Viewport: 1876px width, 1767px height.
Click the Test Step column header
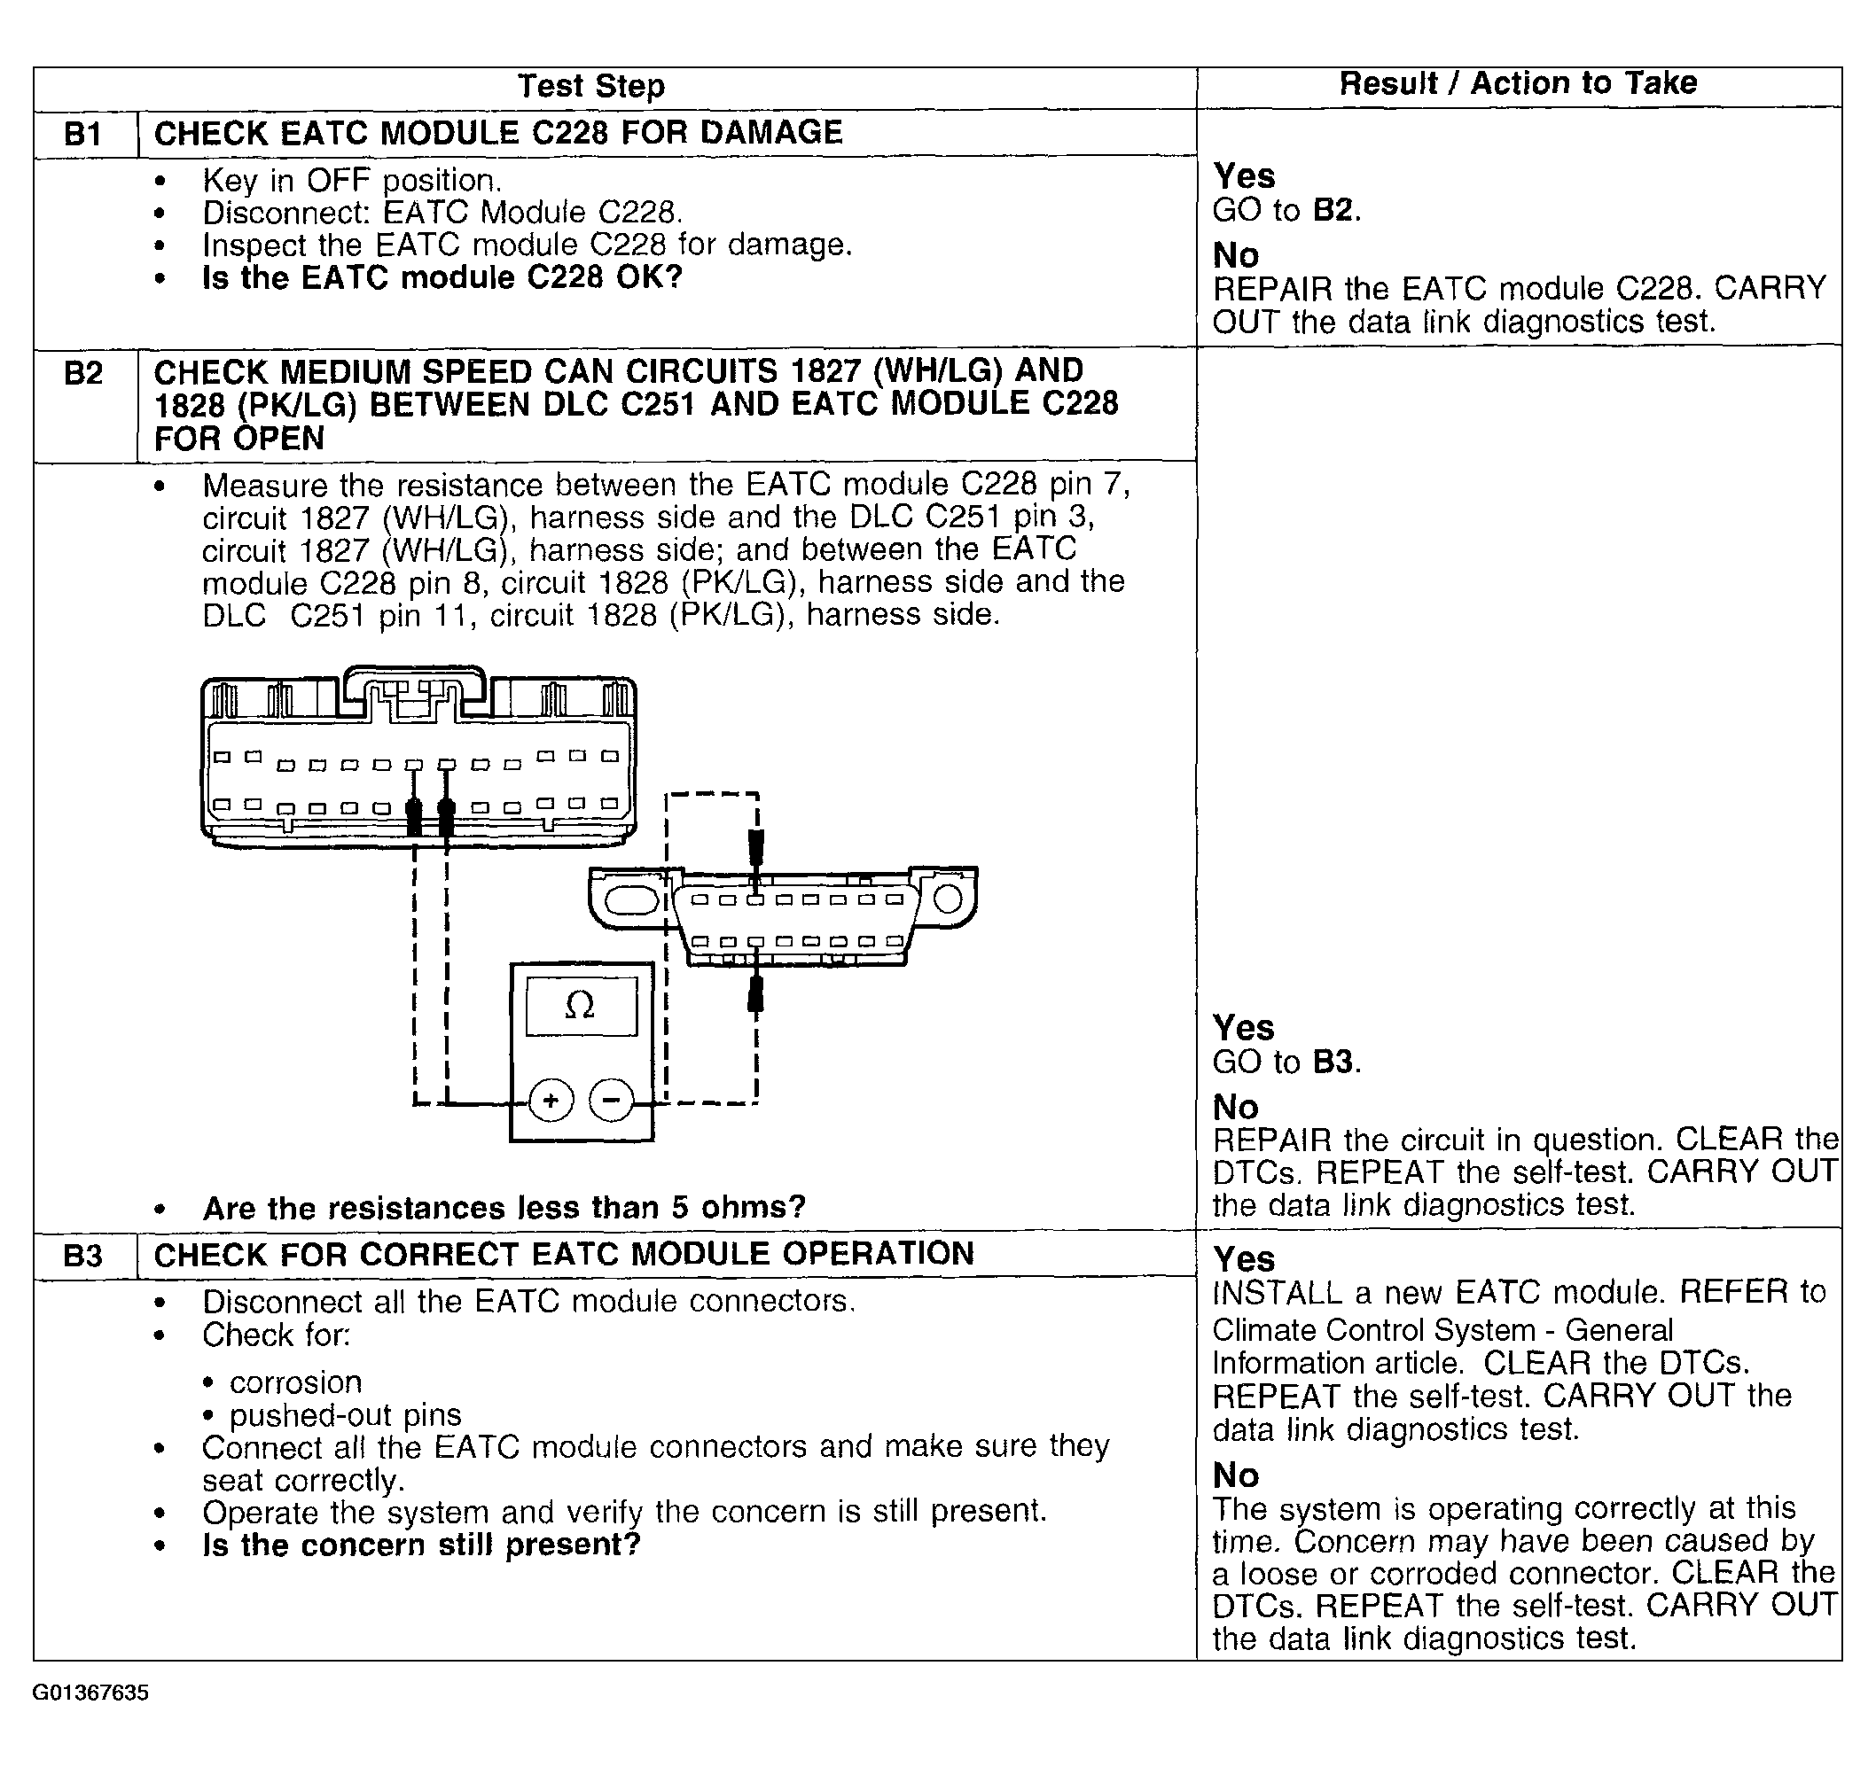point(590,87)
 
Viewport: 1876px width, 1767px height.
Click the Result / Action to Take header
point(1518,84)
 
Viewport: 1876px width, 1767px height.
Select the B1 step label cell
point(83,134)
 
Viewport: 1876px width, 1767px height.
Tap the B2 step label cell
point(83,375)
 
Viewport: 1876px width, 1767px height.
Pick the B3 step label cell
point(83,1257)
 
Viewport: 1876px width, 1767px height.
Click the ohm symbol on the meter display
point(580,1007)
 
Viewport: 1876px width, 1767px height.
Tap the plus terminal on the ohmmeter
point(551,1100)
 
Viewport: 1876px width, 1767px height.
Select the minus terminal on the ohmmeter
point(612,1100)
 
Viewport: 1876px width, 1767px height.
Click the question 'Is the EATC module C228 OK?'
point(442,278)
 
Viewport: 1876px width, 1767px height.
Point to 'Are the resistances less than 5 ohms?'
point(504,1209)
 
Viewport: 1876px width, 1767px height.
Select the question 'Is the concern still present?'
point(421,1545)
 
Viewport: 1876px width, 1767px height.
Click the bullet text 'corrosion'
point(295,1383)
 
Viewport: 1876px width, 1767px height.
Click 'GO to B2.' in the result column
point(1286,210)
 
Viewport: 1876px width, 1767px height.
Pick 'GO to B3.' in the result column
point(1286,1063)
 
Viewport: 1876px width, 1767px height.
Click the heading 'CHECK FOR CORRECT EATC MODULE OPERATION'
point(563,1255)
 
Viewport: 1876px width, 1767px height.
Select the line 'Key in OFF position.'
point(352,180)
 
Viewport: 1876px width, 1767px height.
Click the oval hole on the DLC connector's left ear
point(630,899)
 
